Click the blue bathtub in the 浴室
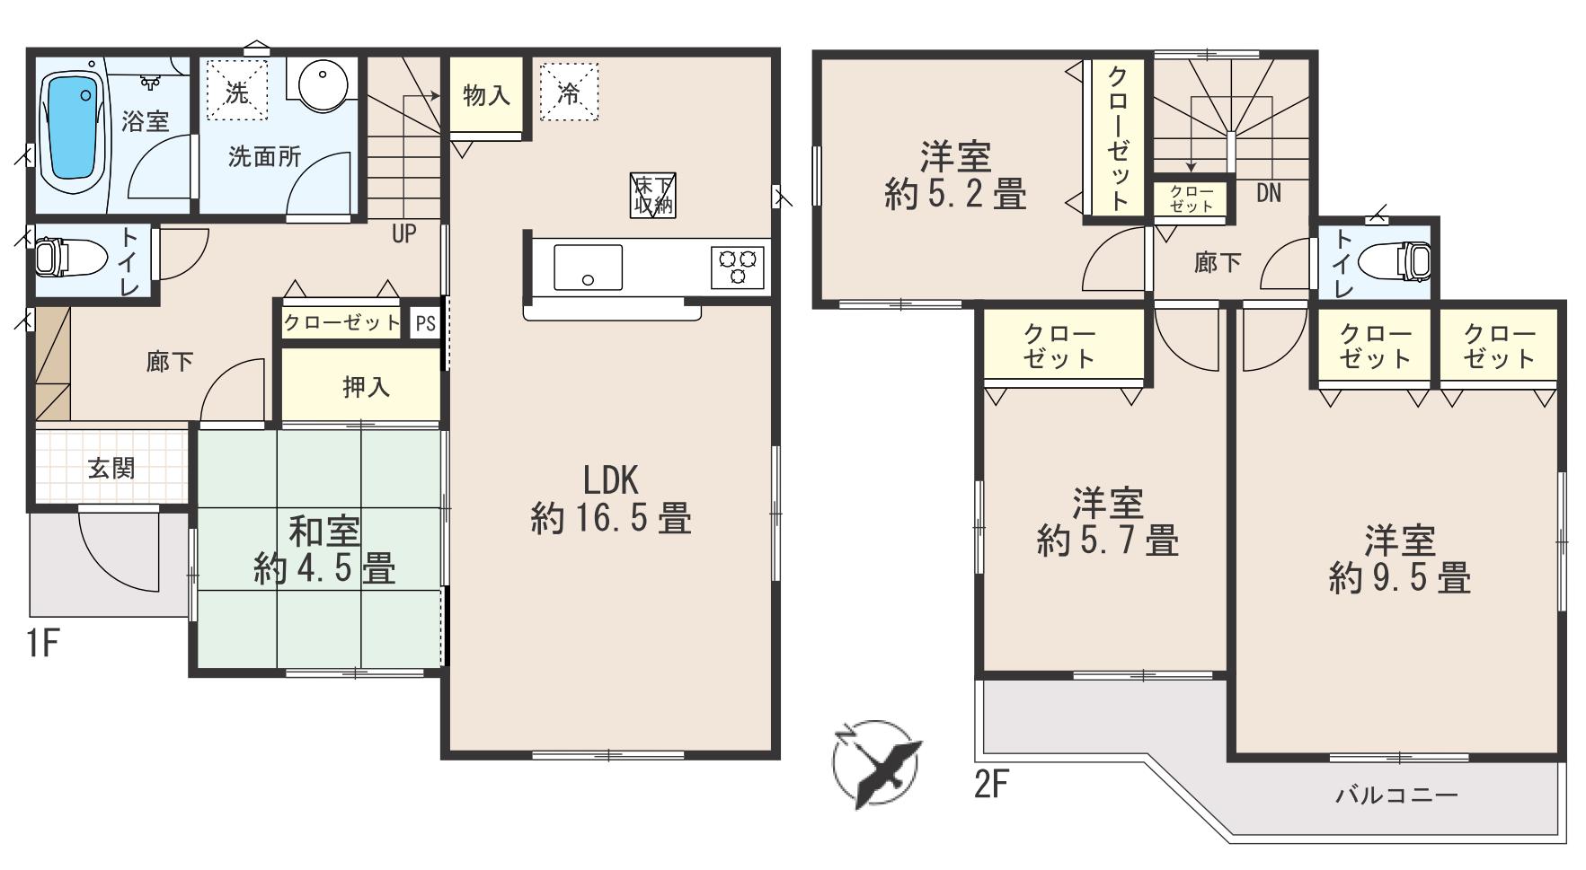point(71,127)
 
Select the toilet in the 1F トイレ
point(52,256)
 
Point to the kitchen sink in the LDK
point(588,268)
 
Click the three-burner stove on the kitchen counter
point(737,267)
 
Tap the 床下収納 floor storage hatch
point(653,194)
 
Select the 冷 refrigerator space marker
point(569,92)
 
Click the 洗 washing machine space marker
point(237,90)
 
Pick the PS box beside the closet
point(426,323)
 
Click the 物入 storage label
point(486,95)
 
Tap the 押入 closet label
point(367,387)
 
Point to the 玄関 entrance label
point(111,468)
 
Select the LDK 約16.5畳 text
point(611,500)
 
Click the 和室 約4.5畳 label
point(324,550)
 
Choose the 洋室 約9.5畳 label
point(1400,559)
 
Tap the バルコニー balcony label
point(1396,795)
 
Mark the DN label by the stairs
point(1269,192)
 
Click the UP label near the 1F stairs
point(404,233)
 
